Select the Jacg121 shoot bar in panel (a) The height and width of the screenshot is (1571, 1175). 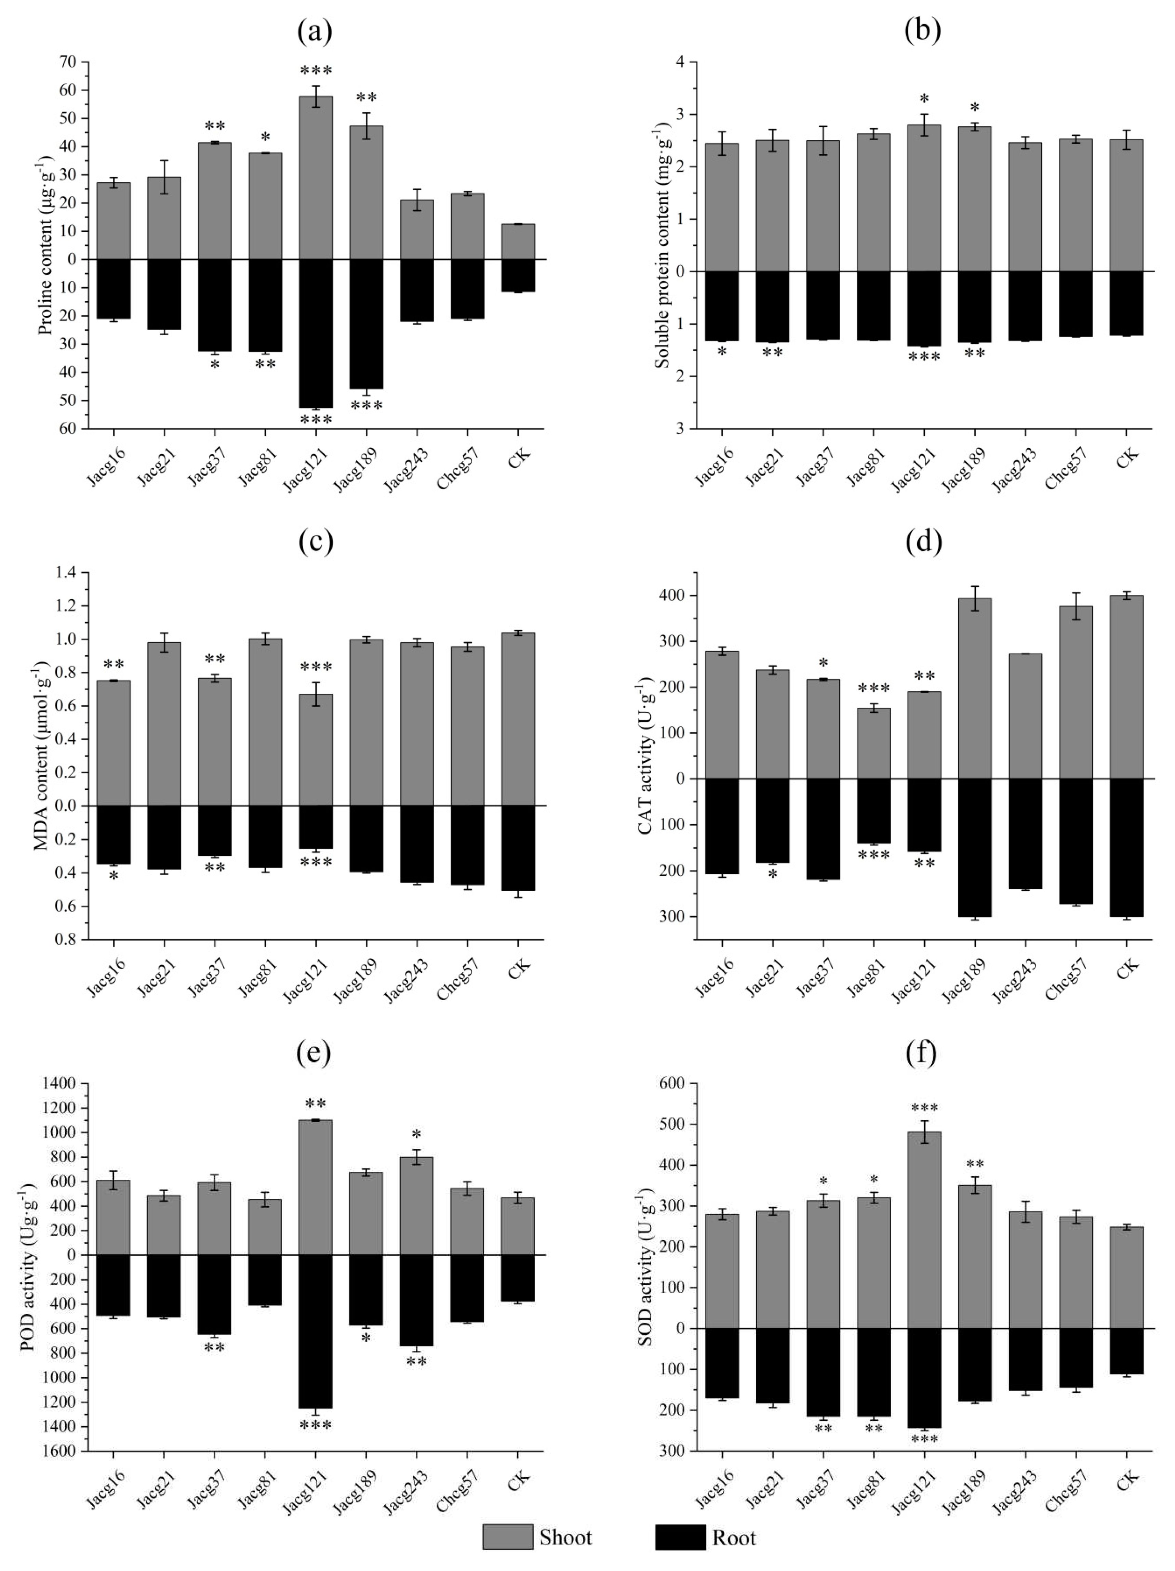315,178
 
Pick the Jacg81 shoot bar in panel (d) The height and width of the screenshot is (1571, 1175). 873,743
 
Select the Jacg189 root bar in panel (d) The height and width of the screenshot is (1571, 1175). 974,847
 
